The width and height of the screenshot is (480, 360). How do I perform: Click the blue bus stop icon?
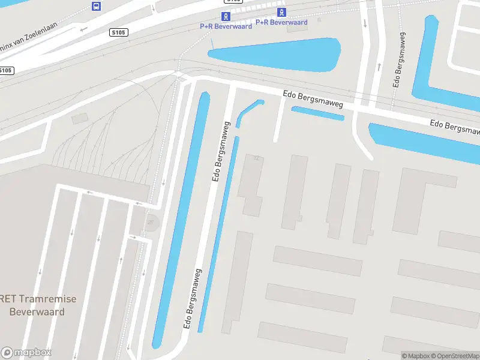tap(96, 7)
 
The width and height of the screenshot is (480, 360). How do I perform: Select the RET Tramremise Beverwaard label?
tap(37, 304)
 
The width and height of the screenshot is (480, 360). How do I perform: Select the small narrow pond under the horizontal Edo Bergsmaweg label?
tap(317, 113)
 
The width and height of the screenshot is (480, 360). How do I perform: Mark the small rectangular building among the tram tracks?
tap(79, 119)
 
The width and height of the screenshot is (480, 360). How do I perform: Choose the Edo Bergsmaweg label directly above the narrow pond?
tap(313, 100)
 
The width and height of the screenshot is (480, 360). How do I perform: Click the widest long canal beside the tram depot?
tap(181, 216)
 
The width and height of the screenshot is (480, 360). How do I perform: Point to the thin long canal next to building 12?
tap(218, 234)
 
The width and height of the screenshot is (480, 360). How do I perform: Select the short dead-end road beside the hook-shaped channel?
tap(279, 120)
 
